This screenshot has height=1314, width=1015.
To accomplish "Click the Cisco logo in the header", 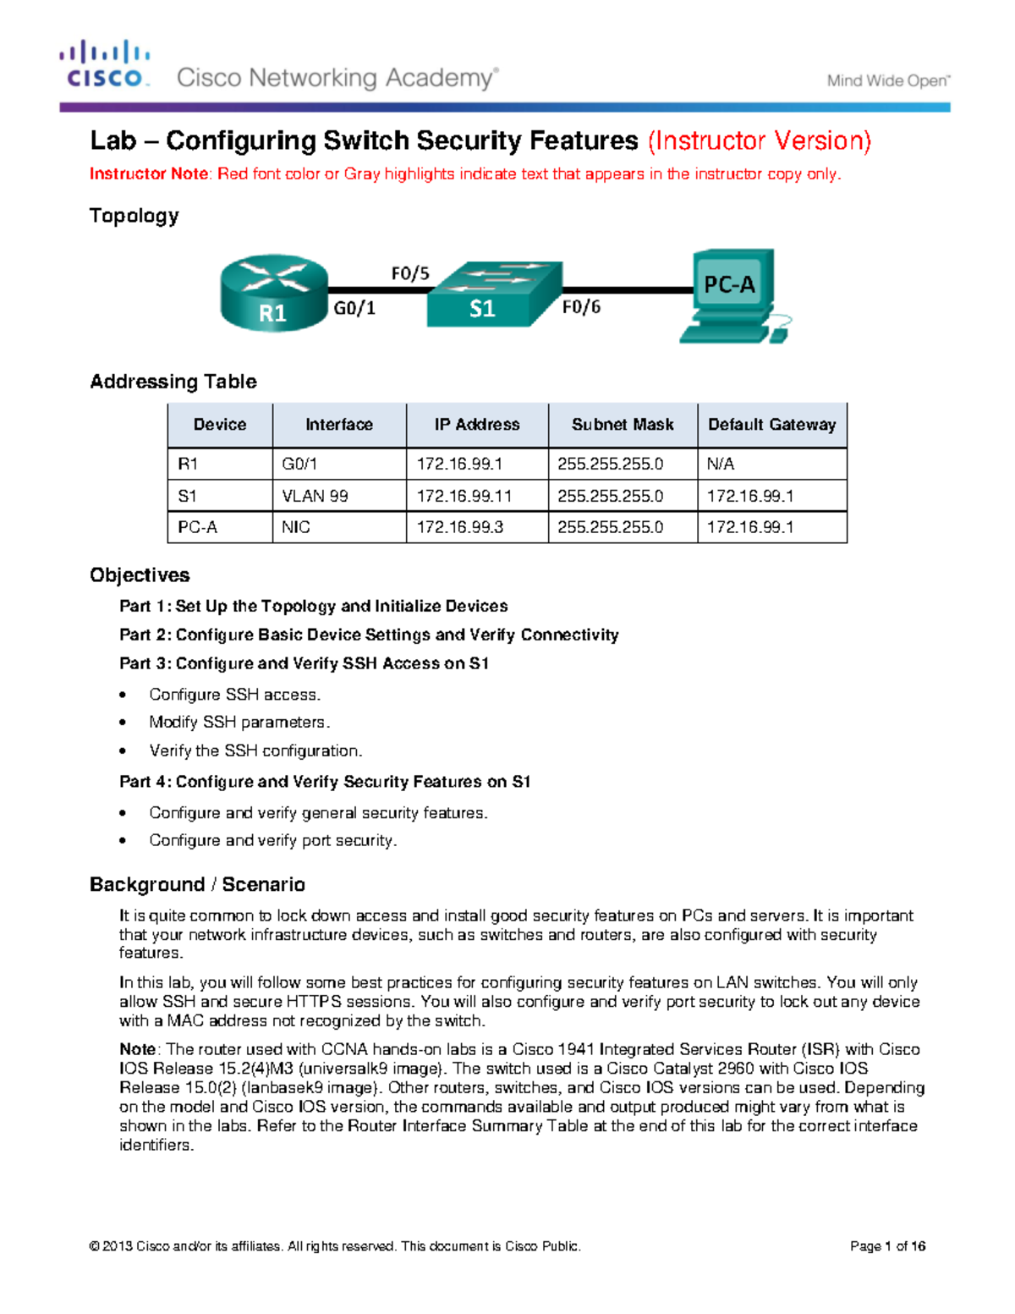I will pyautogui.click(x=105, y=63).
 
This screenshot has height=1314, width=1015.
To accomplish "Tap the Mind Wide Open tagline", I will pyautogui.click(x=887, y=81).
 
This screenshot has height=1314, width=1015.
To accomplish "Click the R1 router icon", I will pyautogui.click(x=273, y=293).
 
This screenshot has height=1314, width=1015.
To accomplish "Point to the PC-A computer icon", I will pyautogui.click(x=733, y=295).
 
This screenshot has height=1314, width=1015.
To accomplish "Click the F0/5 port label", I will pyautogui.click(x=410, y=273).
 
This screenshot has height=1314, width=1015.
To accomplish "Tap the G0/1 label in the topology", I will pyautogui.click(x=354, y=309).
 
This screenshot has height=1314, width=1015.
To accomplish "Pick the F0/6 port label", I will pyautogui.click(x=581, y=307).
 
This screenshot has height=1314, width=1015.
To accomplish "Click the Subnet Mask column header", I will pyautogui.click(x=623, y=425).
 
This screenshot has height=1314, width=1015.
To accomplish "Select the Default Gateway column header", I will pyautogui.click(x=771, y=425).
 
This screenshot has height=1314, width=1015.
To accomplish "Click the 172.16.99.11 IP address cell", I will pyautogui.click(x=464, y=496).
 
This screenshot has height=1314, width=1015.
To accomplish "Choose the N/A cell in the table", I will pyautogui.click(x=721, y=464).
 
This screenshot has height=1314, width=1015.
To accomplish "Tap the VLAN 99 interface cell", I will pyautogui.click(x=315, y=496).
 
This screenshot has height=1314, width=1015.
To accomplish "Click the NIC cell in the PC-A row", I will pyautogui.click(x=296, y=527).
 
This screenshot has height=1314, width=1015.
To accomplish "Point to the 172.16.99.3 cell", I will pyautogui.click(x=459, y=527).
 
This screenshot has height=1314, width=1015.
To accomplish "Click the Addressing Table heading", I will pyautogui.click(x=173, y=382).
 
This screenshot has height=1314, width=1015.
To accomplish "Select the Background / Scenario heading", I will pyautogui.click(x=197, y=884).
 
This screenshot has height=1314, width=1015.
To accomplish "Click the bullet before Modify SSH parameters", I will pyautogui.click(x=123, y=723).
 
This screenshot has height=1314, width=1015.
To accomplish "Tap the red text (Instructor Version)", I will pyautogui.click(x=759, y=140).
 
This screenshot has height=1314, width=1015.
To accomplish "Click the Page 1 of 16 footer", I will pyautogui.click(x=887, y=1246).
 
